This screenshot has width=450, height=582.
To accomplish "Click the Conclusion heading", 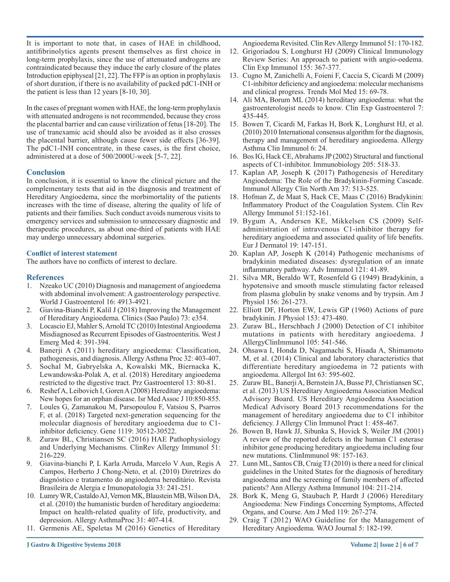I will pyautogui.click(x=45, y=172).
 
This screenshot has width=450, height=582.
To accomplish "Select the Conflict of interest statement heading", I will pyautogui.click(x=72, y=253).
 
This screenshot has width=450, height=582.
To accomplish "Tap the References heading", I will pyautogui.click(x=45, y=277).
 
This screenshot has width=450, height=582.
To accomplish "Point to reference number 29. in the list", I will pyautogui.click(x=234, y=520).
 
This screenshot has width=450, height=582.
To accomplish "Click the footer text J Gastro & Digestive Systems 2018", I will pyautogui.click(x=73, y=545).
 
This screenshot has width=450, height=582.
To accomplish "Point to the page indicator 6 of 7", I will pyautogui.click(x=410, y=545).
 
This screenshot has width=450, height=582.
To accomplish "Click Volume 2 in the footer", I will pyautogui.click(x=363, y=545).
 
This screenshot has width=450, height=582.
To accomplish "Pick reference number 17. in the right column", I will pyautogui.click(x=234, y=173).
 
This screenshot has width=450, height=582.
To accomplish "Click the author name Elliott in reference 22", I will pyautogui.click(x=253, y=310).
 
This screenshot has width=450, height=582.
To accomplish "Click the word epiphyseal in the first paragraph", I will pyautogui.click(x=76, y=76).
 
